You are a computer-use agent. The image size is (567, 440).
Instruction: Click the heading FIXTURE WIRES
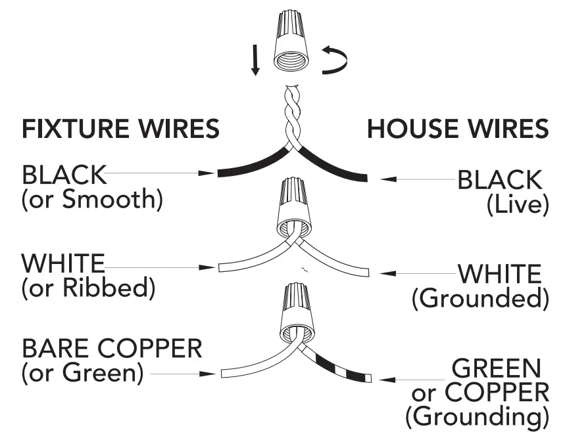(120, 129)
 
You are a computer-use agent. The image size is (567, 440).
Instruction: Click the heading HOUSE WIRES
(458, 129)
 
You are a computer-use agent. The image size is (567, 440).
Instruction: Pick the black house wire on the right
(335, 167)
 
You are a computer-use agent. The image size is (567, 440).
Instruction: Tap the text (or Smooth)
(92, 200)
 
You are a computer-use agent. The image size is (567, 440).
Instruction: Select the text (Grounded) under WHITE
(480, 299)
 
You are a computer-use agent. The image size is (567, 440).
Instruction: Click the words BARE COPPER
(112, 348)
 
